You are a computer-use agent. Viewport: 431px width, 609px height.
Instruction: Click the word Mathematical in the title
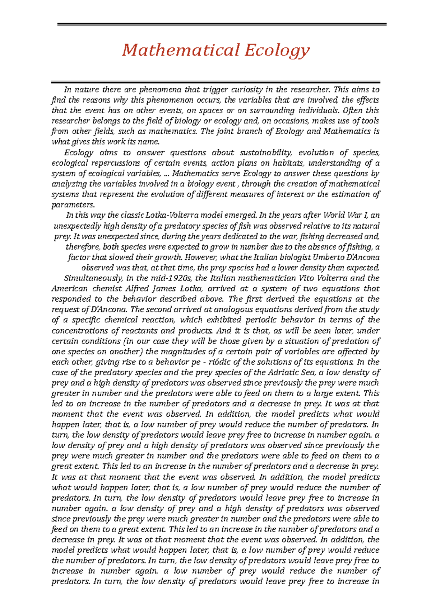181,50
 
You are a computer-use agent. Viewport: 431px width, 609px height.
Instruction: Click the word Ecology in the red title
277,50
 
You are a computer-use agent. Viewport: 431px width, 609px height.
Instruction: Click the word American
69,289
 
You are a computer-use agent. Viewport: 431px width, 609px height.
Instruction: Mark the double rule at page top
222,24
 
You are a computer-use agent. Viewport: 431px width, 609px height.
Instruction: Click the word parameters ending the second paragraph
73,205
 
